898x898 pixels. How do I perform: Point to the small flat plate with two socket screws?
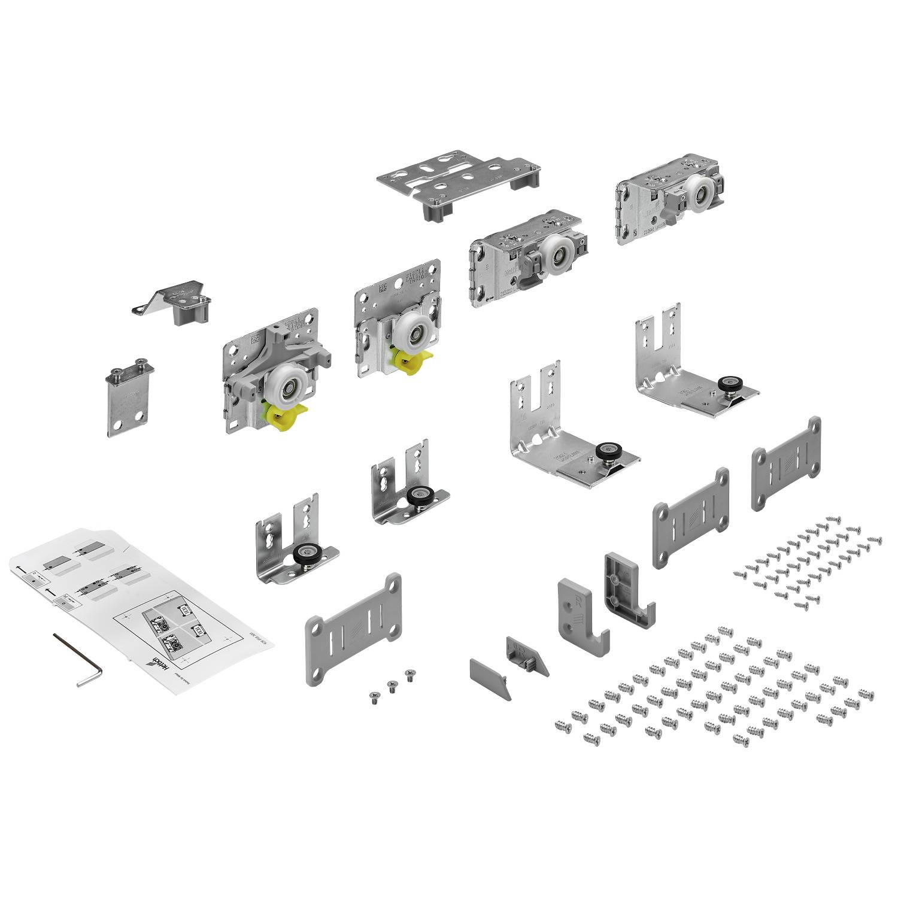(129, 398)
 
